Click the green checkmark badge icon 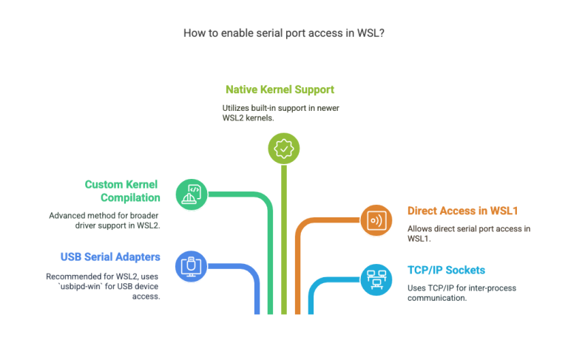(283, 149)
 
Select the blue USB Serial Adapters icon (190, 264)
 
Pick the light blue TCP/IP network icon (376, 278)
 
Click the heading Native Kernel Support (280, 89)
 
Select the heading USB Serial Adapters (110, 257)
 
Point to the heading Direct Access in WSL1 (463, 211)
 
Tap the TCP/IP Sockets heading (446, 270)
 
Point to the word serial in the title (269, 33)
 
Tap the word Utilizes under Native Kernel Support (238, 107)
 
